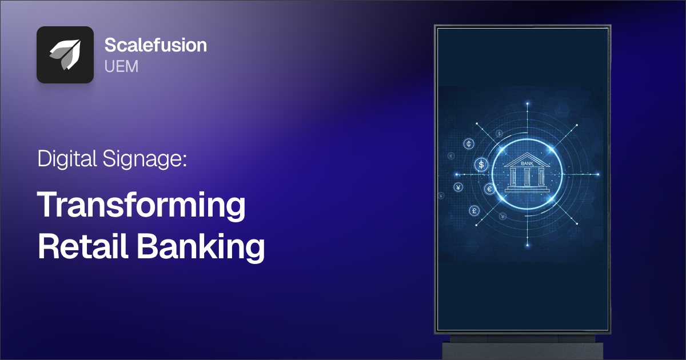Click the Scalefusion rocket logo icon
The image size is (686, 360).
[x=65, y=55]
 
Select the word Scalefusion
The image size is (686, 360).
[x=155, y=46]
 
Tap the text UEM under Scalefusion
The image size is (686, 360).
[x=121, y=66]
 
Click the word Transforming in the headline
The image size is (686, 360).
[x=142, y=207]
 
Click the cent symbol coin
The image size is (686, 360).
[x=469, y=143]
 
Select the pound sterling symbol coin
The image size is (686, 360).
[x=474, y=211]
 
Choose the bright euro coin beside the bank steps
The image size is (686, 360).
[x=490, y=189]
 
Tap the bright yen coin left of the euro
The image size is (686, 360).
[x=458, y=187]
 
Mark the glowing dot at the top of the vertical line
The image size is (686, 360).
[x=527, y=103]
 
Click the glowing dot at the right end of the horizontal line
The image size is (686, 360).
[x=599, y=174]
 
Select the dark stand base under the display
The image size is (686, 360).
[x=523, y=348]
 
